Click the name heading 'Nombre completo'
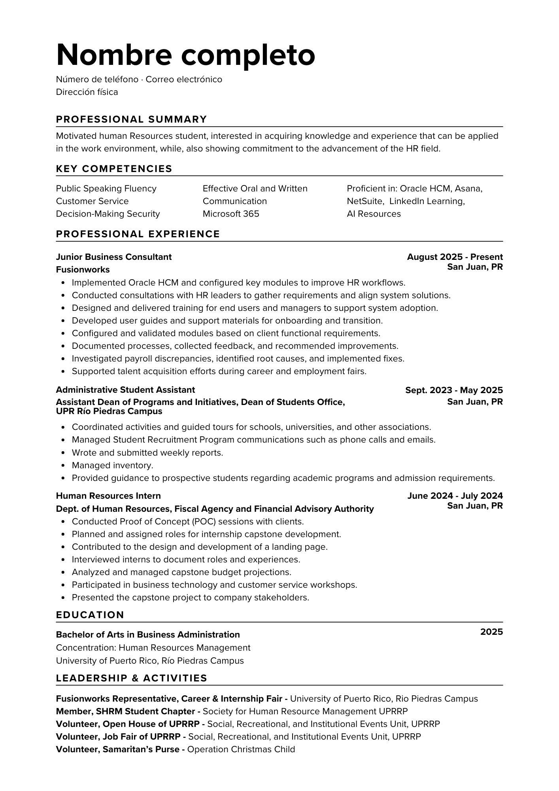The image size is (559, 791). coord(185,55)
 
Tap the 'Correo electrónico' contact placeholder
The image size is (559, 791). coord(184,79)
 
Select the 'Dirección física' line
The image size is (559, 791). coord(87,92)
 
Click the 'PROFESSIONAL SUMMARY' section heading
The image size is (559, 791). coord(131,119)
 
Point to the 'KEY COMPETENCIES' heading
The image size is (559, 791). coord(114,169)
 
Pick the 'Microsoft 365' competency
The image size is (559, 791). coord(231,214)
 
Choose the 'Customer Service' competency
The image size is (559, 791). coord(92,201)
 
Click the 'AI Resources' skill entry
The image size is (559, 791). coord(374,214)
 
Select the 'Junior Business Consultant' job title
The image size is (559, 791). coord(114,257)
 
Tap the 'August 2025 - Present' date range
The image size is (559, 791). coord(455,257)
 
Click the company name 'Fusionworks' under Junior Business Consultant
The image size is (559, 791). coord(83,270)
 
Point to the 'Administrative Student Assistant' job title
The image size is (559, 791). coord(125,390)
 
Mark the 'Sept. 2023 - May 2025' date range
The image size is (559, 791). coord(454,390)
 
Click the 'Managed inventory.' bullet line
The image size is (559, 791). coord(112,466)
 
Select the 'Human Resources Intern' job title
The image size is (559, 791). coord(108,496)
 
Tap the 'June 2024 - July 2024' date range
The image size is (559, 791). coord(455,496)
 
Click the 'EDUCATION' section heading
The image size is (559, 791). coord(90,615)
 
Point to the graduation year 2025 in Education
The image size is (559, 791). coord(491,632)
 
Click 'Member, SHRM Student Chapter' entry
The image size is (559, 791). coord(125,712)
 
